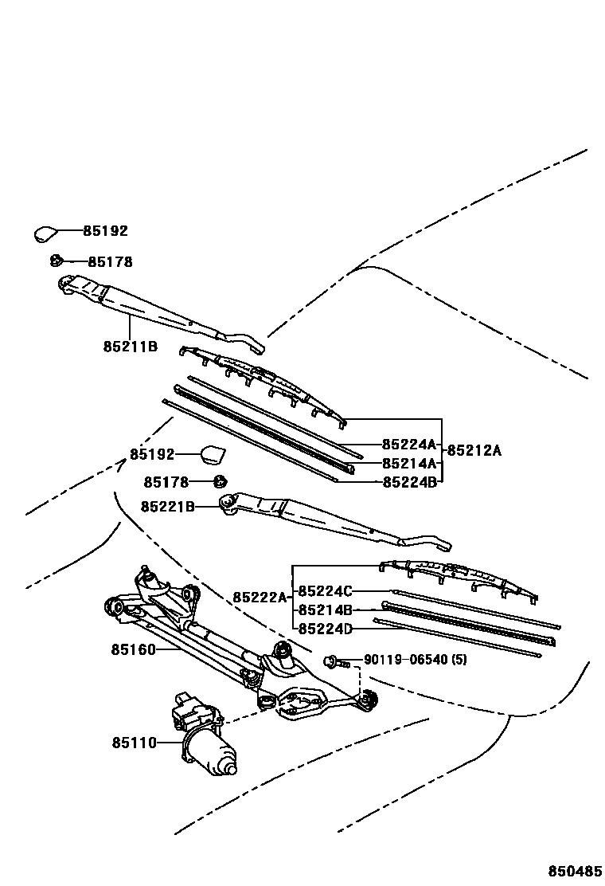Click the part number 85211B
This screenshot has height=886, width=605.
(x=130, y=347)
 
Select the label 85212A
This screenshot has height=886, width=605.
(x=474, y=450)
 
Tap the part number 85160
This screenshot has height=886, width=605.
(x=133, y=649)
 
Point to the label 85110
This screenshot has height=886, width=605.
(x=134, y=743)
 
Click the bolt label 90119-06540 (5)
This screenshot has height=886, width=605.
(x=416, y=660)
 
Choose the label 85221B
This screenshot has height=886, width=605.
(x=168, y=506)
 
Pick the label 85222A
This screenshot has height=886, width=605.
(x=260, y=597)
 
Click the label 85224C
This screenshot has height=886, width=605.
(x=325, y=591)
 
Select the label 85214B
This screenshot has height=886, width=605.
(x=325, y=610)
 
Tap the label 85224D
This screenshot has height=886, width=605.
(x=325, y=629)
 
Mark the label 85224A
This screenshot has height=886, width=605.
(x=409, y=445)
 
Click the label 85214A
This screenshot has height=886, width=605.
(x=409, y=463)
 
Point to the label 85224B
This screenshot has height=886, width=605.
(x=409, y=481)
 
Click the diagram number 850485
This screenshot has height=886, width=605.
(x=572, y=871)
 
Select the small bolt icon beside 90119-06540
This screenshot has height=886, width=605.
(x=333, y=661)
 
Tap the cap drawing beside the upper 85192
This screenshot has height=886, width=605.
(x=45, y=233)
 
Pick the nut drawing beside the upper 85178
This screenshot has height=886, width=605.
(x=57, y=260)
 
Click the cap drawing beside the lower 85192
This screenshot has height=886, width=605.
(x=212, y=454)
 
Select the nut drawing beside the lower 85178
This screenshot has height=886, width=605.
(x=221, y=481)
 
